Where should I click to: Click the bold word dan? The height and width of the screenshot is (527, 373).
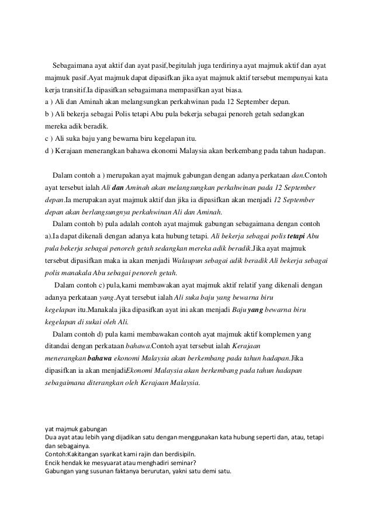pos(117,188)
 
